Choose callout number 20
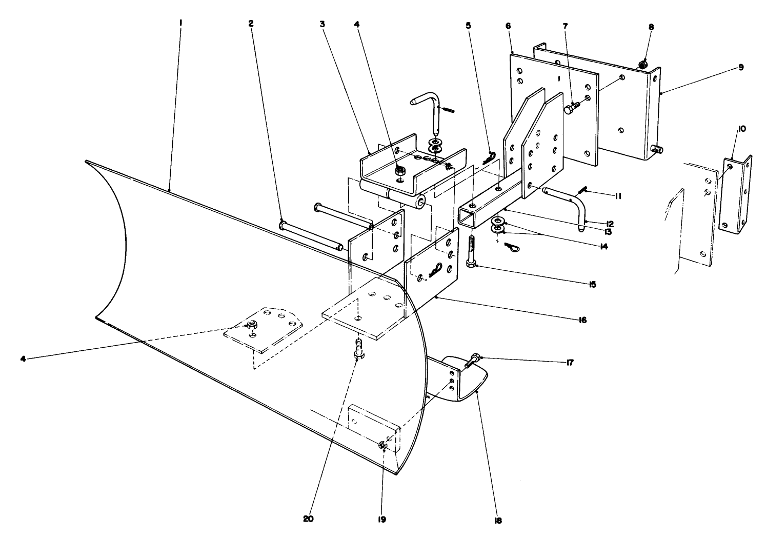[308, 519]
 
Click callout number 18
[497, 520]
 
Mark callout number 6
[508, 25]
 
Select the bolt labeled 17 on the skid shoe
[472, 362]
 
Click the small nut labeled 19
[382, 446]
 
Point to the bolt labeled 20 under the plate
[358, 348]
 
